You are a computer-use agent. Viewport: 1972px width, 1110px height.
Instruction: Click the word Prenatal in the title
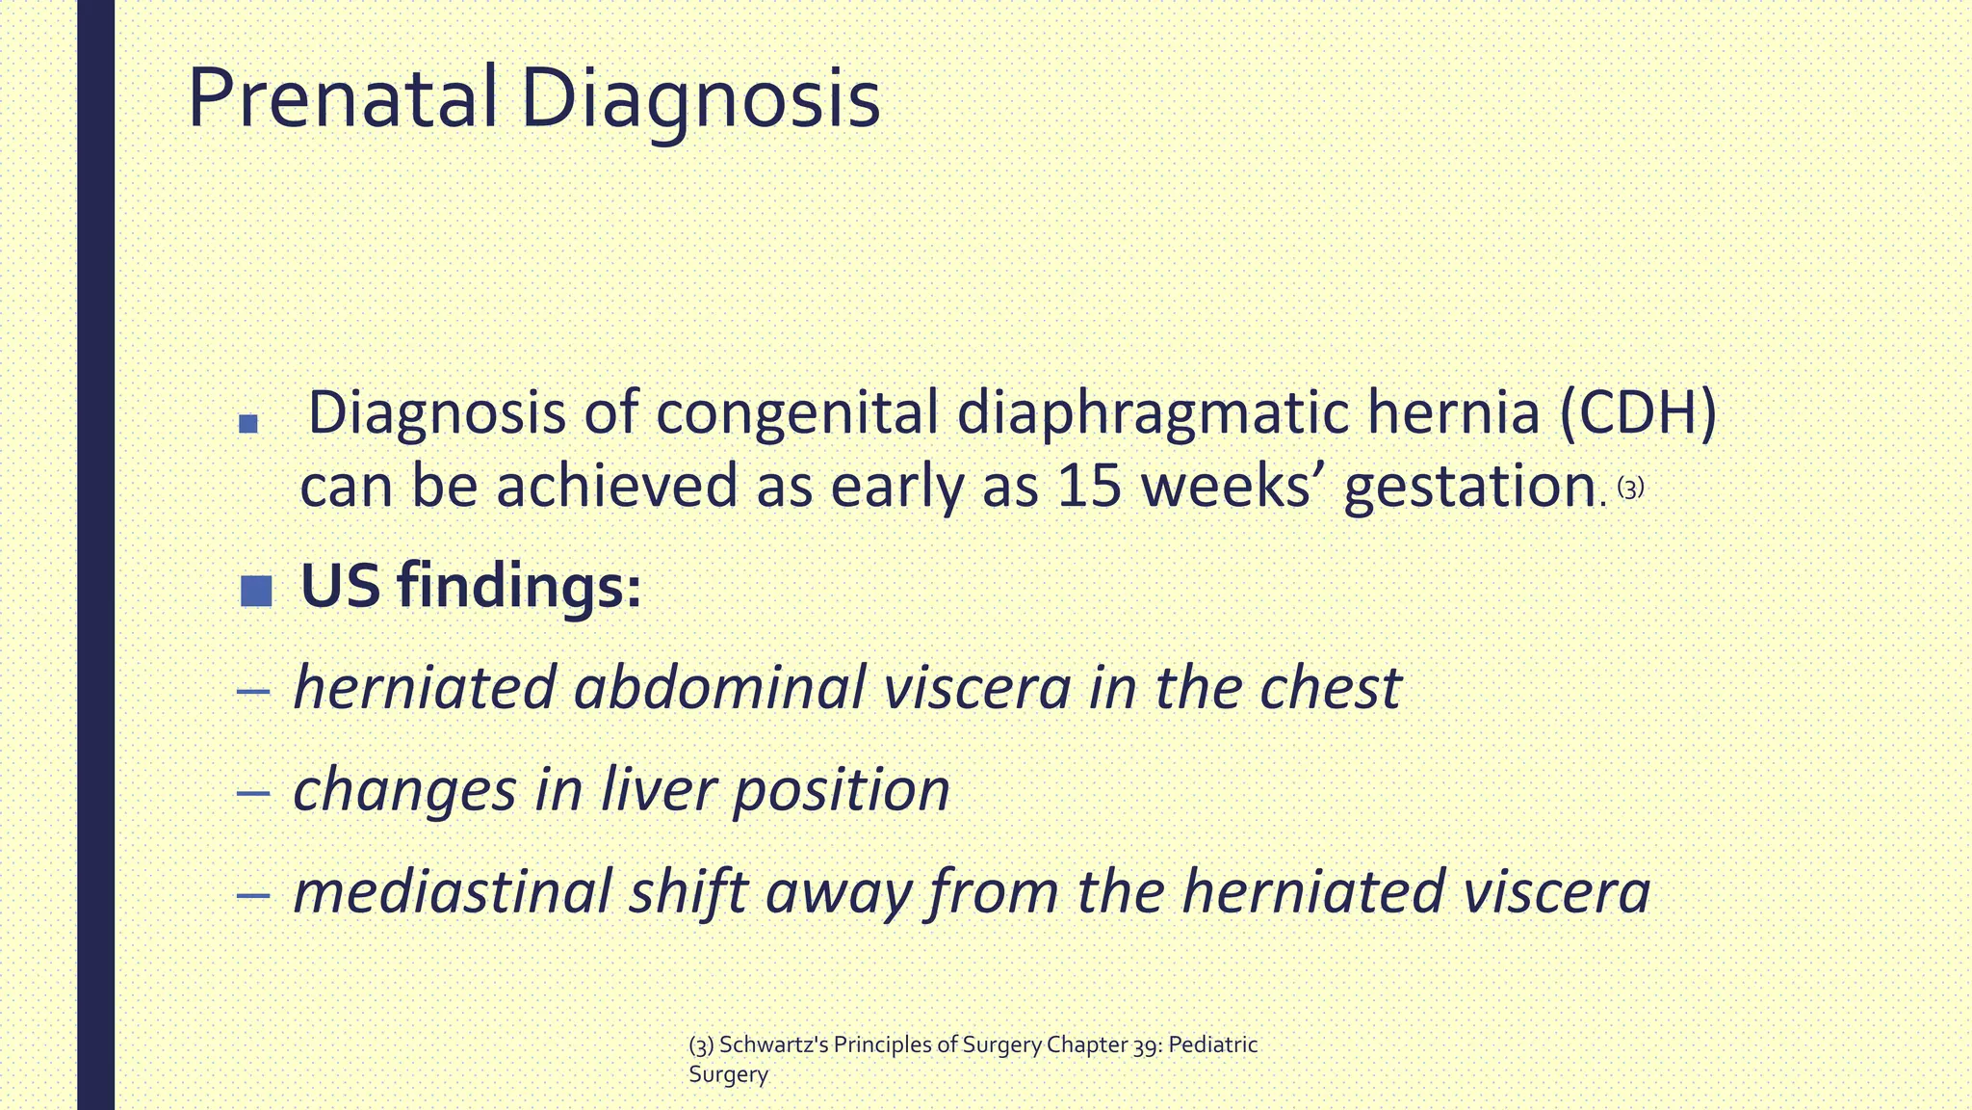coord(342,98)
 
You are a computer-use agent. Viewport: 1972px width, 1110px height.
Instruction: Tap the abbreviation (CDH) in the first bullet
coord(1636,413)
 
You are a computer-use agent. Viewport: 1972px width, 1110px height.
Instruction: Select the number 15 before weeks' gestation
coord(1089,486)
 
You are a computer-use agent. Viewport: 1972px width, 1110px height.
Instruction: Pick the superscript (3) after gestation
coord(1630,489)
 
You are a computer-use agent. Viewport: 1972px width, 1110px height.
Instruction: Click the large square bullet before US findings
coord(256,591)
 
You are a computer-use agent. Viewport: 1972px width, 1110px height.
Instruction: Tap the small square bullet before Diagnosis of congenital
coord(248,423)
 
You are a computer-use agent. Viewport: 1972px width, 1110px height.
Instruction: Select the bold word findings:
coord(519,586)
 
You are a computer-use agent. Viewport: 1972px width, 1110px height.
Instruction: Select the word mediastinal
coord(452,891)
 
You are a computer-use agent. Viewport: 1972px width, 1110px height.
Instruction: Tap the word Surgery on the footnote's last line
coord(728,1075)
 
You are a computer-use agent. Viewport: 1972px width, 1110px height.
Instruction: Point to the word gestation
coord(1469,488)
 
